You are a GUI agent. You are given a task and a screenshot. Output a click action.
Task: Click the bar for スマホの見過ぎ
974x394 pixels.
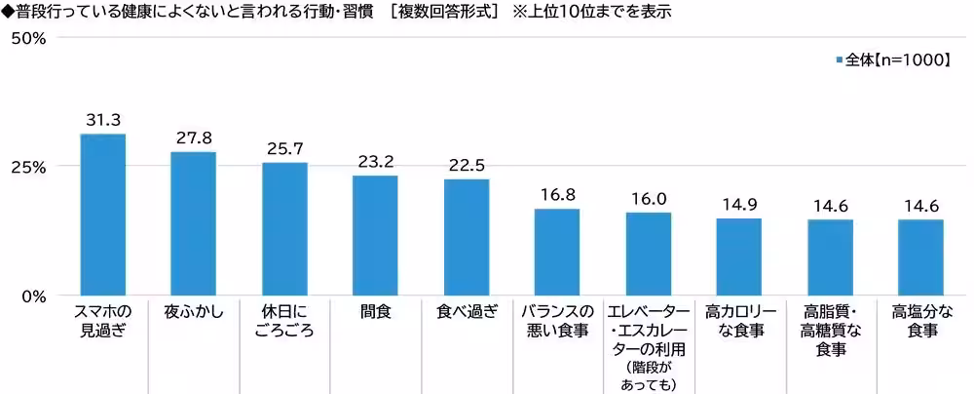point(102,215)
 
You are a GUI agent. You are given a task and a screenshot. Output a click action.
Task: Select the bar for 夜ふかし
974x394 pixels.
point(193,223)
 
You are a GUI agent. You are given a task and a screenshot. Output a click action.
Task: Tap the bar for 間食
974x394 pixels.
point(375,235)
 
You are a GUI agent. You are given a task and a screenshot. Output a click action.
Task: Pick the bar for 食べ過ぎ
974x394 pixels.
point(467,237)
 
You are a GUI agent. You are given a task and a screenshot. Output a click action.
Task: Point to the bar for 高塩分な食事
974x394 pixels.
point(920,257)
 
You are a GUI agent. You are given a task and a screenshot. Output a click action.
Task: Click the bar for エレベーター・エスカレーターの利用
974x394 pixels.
point(648,254)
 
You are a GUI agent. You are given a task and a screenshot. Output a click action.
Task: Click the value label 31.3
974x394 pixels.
point(102,120)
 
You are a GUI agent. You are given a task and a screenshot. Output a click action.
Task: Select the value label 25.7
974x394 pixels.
point(284,149)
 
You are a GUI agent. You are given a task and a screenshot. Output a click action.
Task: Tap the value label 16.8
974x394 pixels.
point(557,195)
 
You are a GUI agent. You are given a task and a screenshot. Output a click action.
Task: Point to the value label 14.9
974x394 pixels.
point(738,205)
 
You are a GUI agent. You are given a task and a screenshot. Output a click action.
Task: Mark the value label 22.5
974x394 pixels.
point(467,166)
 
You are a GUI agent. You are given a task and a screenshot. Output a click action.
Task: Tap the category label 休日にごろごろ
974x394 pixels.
point(284,321)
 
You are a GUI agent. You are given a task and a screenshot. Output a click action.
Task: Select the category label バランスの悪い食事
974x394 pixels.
point(557,321)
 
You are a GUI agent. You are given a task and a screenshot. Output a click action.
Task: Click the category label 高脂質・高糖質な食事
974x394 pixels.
point(830,331)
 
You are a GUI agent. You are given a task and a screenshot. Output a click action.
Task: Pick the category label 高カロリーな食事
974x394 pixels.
point(738,321)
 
